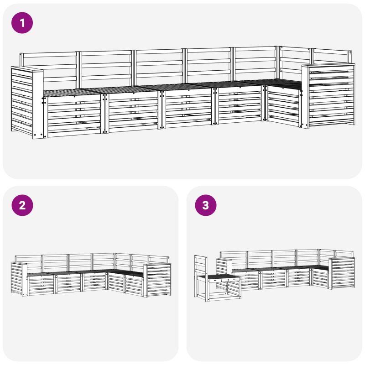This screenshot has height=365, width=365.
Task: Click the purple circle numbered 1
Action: coord(22,23)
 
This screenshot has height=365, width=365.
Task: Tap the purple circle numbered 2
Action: coord(22,205)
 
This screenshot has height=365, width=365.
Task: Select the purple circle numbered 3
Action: coord(206,205)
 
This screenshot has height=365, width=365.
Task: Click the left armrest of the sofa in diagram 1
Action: coord(27,102)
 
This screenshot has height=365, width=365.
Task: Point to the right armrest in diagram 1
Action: coord(328,95)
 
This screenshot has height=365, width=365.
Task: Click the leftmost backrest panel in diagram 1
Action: coord(48,70)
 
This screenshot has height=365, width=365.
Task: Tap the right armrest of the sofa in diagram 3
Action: coord(341,273)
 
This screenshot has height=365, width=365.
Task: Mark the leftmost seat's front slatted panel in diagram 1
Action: coord(72,116)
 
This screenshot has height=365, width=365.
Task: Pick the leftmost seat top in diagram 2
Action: coord(40,274)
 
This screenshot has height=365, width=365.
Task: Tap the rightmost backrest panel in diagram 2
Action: coord(159,260)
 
